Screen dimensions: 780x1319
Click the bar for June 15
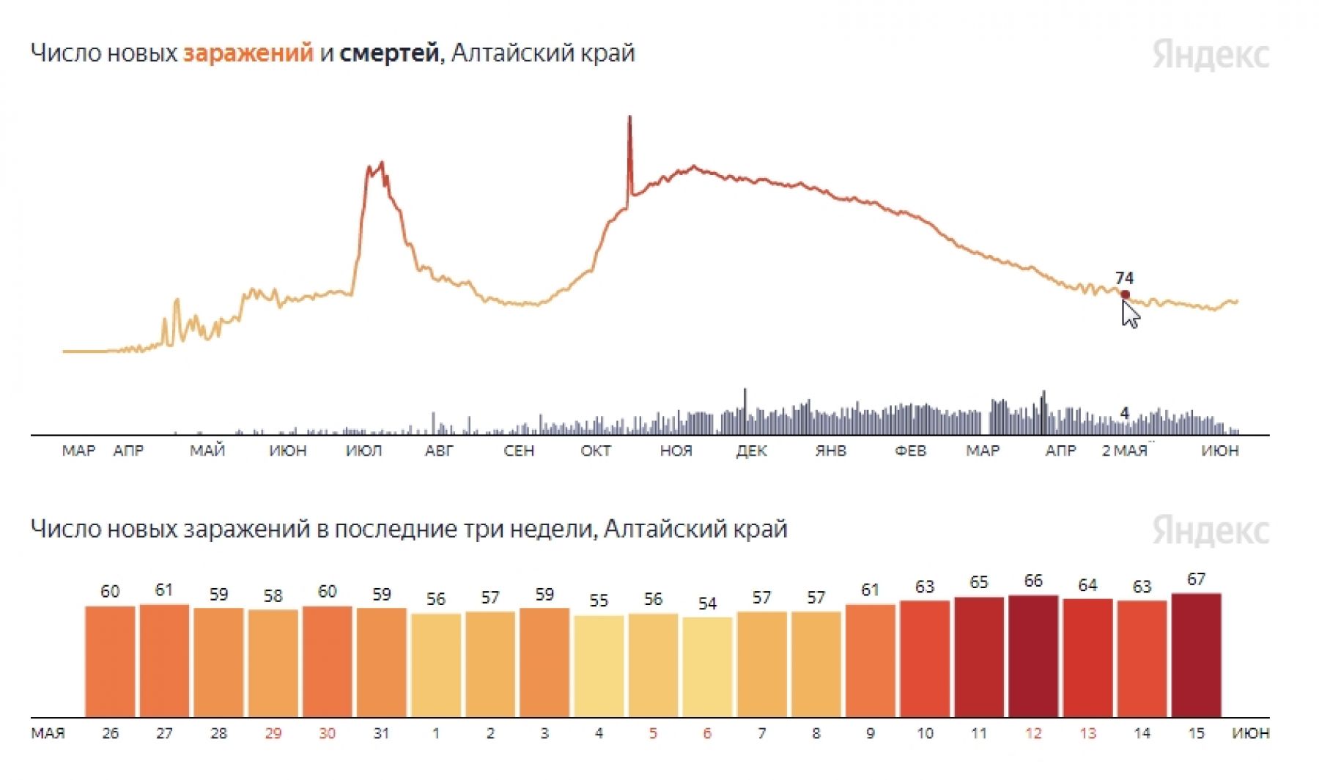pyautogui.click(x=1196, y=655)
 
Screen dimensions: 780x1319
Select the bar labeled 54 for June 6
pyautogui.click(x=707, y=667)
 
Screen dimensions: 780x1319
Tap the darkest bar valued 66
pyautogui.click(x=1033, y=656)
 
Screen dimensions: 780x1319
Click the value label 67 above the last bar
pyautogui.click(x=1196, y=579)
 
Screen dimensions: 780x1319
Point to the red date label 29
pyautogui.click(x=273, y=733)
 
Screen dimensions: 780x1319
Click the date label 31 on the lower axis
pyautogui.click(x=381, y=733)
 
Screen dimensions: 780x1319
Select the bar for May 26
pyautogui.click(x=110, y=661)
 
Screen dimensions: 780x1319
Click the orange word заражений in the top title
pyautogui.click(x=248, y=53)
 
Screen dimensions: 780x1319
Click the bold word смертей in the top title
pyautogui.click(x=388, y=53)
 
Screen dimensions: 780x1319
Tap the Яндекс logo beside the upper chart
pyautogui.click(x=1210, y=55)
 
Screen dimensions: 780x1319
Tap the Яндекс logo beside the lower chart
pyautogui.click(x=1210, y=530)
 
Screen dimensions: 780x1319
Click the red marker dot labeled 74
pyautogui.click(x=1125, y=294)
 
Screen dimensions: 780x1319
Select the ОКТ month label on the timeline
pyautogui.click(x=595, y=451)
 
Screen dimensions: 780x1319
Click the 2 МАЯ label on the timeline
pyautogui.click(x=1124, y=451)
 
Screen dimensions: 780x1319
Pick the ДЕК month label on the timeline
pyautogui.click(x=751, y=451)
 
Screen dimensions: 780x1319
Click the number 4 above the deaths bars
pyautogui.click(x=1125, y=414)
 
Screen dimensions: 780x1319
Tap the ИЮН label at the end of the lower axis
pyautogui.click(x=1250, y=733)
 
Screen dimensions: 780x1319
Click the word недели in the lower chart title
pyautogui.click(x=559, y=529)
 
